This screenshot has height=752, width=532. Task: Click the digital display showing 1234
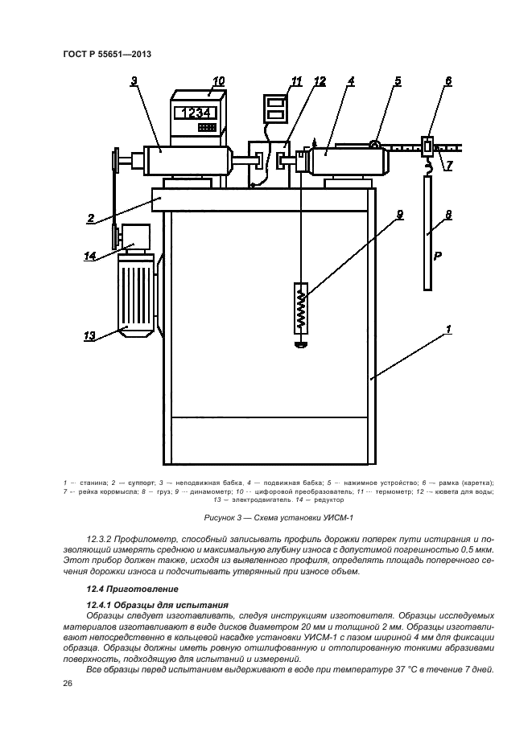click(x=196, y=113)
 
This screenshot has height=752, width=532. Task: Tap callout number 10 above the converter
click(x=218, y=80)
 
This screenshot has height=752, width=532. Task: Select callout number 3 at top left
click(x=134, y=80)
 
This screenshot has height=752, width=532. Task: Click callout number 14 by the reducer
click(x=92, y=257)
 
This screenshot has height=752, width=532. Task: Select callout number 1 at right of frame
click(x=448, y=329)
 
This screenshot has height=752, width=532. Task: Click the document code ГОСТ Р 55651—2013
click(x=107, y=54)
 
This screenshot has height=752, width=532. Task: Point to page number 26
click(x=68, y=684)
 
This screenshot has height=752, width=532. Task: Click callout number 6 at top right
click(x=447, y=80)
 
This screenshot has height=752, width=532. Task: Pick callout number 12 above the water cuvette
click(x=320, y=80)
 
